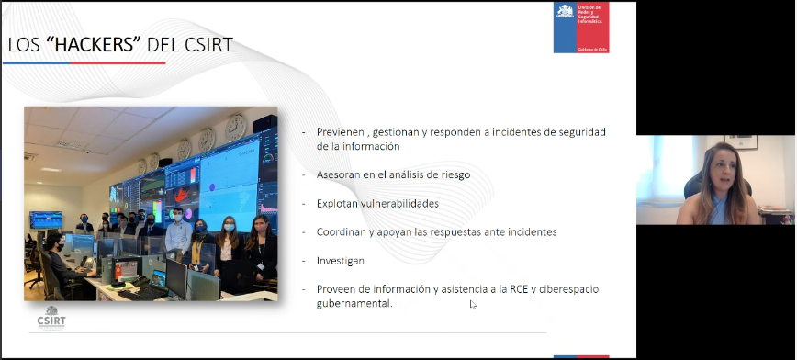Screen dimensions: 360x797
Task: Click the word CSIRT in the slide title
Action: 205,44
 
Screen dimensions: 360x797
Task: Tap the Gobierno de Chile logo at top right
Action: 580,28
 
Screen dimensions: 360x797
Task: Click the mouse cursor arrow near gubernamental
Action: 473,304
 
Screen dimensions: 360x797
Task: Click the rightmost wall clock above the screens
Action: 236,128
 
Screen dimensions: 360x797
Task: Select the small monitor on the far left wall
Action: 46,219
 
